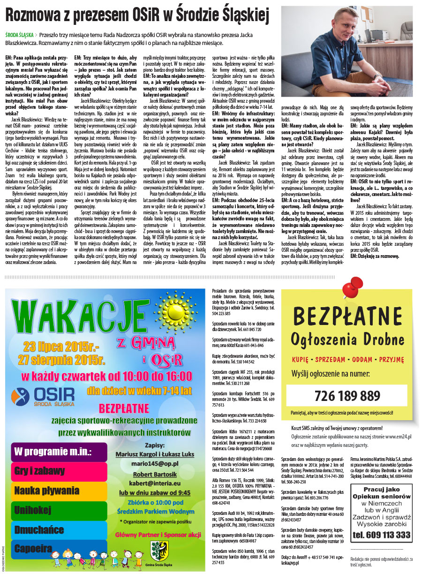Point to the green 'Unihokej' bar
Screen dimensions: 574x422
coord(58,510)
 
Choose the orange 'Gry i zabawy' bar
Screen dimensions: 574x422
coord(58,470)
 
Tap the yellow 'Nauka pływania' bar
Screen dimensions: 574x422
coord(58,491)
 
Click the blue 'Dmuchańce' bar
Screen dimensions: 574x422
coord(58,530)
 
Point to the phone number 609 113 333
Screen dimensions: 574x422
coord(381,534)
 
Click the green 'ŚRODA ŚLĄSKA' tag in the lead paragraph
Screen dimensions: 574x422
coord(19,35)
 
